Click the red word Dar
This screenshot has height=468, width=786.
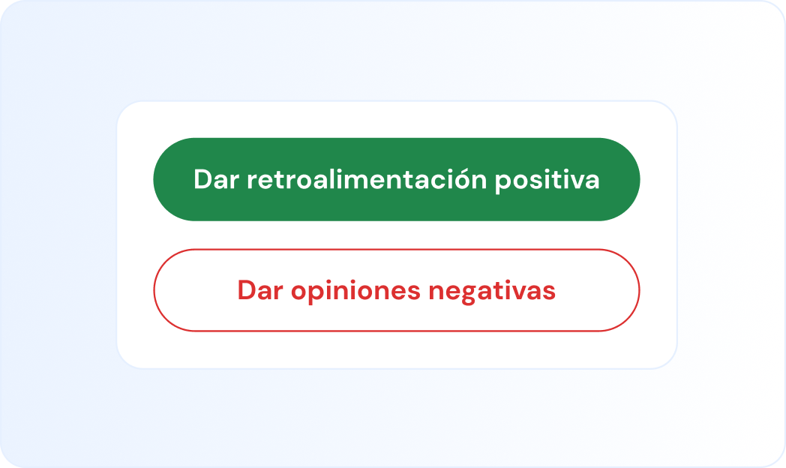259,290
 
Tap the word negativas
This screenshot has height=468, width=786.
492,291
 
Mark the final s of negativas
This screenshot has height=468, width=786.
550,291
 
